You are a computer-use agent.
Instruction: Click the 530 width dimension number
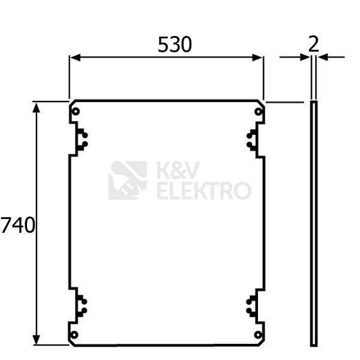175,44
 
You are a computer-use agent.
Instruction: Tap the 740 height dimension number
18,225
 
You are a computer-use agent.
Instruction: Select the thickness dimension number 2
314,44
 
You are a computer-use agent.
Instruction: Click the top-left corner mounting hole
76,112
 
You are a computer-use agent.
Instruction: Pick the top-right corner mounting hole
259,112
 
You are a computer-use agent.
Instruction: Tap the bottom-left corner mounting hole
74,335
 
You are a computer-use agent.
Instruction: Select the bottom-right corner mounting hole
258,335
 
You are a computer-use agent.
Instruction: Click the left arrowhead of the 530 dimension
75,58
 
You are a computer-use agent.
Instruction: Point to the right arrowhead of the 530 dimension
257,58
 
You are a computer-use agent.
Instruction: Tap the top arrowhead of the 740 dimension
36,107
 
